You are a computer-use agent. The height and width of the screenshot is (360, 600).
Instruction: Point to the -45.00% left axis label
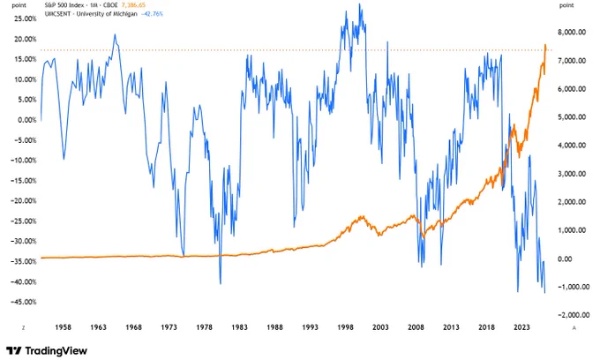point(25,303)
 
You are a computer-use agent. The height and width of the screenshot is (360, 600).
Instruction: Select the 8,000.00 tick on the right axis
point(572,33)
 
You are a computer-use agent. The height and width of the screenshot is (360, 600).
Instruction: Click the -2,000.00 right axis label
point(571,315)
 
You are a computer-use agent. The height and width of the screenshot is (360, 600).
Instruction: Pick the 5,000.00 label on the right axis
point(572,117)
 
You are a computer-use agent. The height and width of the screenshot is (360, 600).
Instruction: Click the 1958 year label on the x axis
point(64,327)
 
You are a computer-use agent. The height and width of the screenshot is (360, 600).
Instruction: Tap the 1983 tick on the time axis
point(239,327)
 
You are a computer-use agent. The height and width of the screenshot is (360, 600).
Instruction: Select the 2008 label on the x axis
point(416,327)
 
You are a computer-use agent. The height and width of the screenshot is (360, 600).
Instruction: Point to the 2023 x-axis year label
point(521,327)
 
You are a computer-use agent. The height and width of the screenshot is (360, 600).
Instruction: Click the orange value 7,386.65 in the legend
point(133,5)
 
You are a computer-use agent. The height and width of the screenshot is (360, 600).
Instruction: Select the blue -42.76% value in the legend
point(152,14)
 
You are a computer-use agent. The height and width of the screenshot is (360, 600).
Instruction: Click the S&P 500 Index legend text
point(64,5)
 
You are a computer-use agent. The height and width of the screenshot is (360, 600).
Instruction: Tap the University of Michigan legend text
point(107,14)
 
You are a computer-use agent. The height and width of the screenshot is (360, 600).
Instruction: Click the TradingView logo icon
point(14,350)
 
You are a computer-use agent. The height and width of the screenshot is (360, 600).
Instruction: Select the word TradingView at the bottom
point(56,351)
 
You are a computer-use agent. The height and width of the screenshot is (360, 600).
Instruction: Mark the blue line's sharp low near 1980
point(221,284)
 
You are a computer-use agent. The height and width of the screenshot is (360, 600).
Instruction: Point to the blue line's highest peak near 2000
point(359,4)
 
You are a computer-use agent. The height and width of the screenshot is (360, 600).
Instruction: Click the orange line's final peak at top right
point(545,45)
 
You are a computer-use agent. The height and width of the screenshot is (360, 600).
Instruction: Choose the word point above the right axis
point(566,5)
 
